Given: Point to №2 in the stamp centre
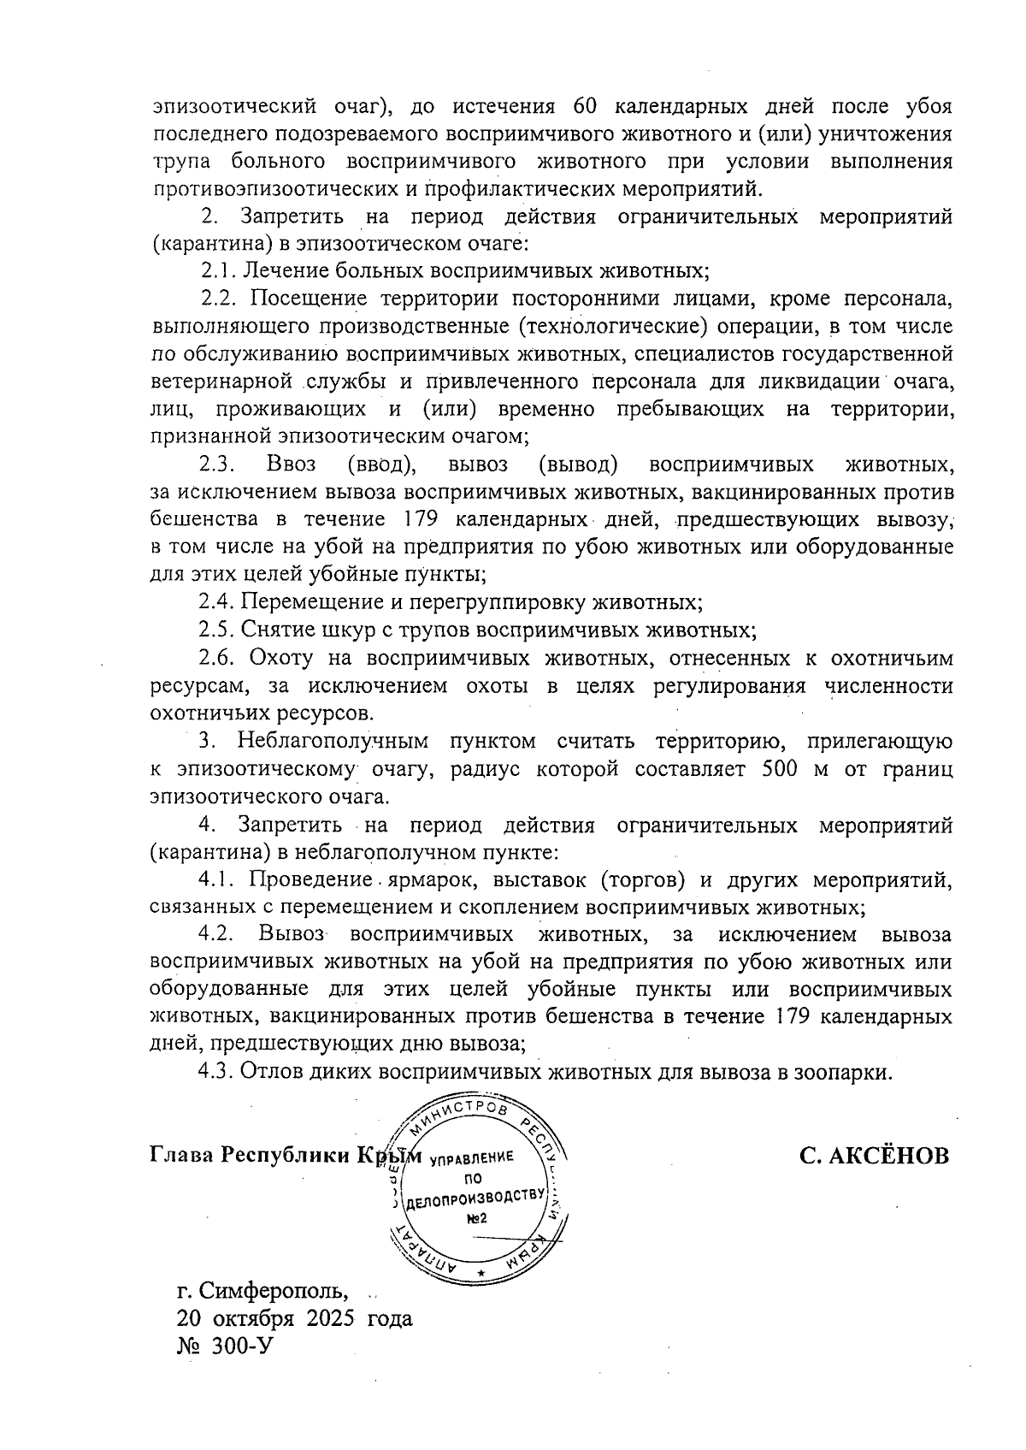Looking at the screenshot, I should pos(476,1218).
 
